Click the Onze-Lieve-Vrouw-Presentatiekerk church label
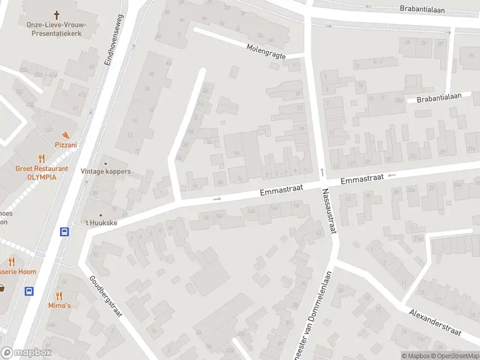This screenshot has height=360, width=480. click(57, 29)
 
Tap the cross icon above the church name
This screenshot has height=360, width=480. click(57, 14)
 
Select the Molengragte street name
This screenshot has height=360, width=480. click(266, 51)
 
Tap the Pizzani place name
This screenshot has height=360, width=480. click(65, 145)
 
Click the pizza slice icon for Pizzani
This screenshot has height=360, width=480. click(65, 135)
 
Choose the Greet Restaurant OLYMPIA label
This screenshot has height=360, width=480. click(41, 173)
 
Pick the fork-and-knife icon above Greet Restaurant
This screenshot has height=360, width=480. click(41, 159)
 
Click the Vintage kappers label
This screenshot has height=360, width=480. click(106, 172)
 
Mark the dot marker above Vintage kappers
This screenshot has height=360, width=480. click(106, 163)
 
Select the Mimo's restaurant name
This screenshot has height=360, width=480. click(59, 305)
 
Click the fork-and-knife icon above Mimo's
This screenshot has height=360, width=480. click(59, 295)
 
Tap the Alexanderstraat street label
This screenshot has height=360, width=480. click(436, 323)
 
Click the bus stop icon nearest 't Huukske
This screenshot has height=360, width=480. click(64, 232)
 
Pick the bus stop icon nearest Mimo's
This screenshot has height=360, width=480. click(29, 291)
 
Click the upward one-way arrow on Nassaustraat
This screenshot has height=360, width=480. click(322, 172)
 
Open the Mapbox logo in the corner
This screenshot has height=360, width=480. click(26, 353)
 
